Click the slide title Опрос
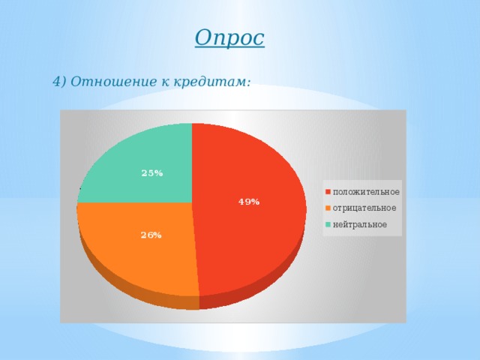pyautogui.click(x=229, y=37)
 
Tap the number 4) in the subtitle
pyautogui.click(x=61, y=82)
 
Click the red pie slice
pyautogui.click(x=247, y=225)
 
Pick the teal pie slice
pyautogui.click(x=142, y=161)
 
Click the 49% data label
pyautogui.click(x=249, y=202)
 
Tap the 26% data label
pyautogui.click(x=151, y=235)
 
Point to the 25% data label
pyautogui.click(x=152, y=173)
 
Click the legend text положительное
pyautogui.click(x=366, y=191)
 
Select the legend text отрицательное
pyautogui.click(x=364, y=208)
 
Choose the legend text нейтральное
pyautogui.click(x=360, y=224)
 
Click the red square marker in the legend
pyautogui.click(x=328, y=191)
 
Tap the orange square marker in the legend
pyautogui.click(x=328, y=208)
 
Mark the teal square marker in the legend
pyautogui.click(x=328, y=224)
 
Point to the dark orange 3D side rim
pyautogui.click(x=135, y=288)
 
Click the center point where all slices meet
pyautogui.click(x=192, y=202)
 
